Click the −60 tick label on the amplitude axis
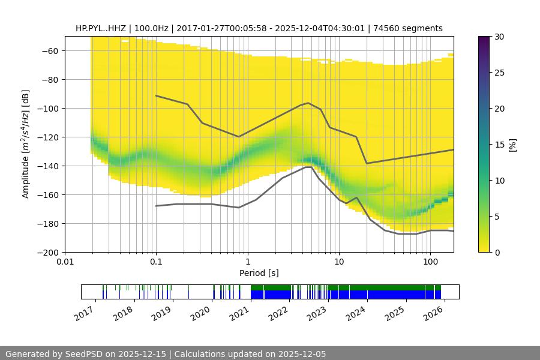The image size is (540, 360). tap(49, 51)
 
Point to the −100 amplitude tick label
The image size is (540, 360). tap(46, 109)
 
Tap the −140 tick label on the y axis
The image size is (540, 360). tap(46, 166)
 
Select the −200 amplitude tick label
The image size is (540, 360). tap(46, 253)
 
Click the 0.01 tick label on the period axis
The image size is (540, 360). tap(65, 262)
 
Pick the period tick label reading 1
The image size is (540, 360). tap(248, 262)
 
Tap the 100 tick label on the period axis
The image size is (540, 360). tap(430, 262)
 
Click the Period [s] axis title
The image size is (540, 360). tap(259, 273)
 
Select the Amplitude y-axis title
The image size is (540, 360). tap(25, 145)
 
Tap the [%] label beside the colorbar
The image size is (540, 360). tap(512, 145)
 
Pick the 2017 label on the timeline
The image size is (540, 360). tap(83, 313)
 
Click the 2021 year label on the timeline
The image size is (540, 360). tap(239, 313)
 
